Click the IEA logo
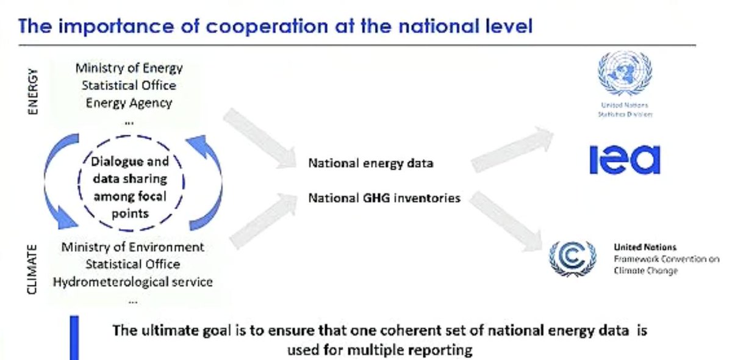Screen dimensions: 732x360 tap(625, 160)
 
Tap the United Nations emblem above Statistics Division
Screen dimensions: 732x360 tap(625, 73)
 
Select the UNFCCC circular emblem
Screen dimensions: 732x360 tap(573, 259)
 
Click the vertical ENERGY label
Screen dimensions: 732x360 tap(33, 92)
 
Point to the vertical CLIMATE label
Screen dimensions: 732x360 tap(32, 270)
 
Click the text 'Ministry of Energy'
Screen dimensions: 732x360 tap(129, 68)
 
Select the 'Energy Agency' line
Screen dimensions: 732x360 tap(129, 103)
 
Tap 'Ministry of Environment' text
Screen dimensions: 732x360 tap(133, 247)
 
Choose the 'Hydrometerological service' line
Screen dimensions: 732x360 tap(133, 281)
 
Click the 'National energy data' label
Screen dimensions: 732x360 tap(371, 163)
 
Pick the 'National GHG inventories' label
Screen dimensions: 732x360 tap(384, 198)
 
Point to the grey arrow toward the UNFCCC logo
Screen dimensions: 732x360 tap(505, 221)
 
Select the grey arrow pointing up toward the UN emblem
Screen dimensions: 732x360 tap(512, 149)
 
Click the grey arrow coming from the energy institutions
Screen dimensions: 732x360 tap(260, 139)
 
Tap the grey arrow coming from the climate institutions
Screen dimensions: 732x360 tap(264, 221)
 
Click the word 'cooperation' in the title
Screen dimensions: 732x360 tap(267, 26)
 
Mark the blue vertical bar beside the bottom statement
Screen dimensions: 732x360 tap(74, 338)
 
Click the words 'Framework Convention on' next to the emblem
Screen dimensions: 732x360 tap(667, 259)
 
